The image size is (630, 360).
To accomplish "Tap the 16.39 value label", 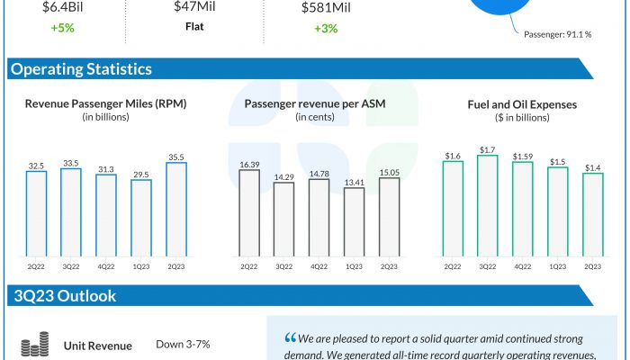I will (x=248, y=165).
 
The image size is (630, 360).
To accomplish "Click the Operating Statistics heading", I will (x=81, y=69).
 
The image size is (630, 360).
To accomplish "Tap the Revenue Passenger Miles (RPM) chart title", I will (x=106, y=104).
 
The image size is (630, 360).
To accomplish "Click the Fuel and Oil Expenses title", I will (x=522, y=104).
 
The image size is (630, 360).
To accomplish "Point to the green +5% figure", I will (x=61, y=27).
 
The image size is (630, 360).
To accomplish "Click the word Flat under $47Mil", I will (x=188, y=27).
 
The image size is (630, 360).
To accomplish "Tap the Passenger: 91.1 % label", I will (x=558, y=34).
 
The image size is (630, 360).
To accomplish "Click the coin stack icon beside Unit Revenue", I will (x=34, y=346).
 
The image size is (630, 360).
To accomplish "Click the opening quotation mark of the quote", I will (x=290, y=339).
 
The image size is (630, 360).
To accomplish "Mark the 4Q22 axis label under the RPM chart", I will (x=106, y=267).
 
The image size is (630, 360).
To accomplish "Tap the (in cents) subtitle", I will (x=315, y=118).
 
